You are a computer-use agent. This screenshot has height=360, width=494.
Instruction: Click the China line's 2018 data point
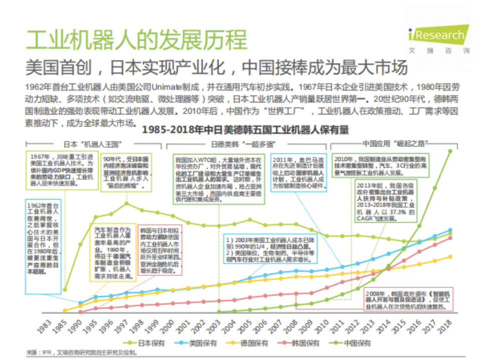click(450, 150)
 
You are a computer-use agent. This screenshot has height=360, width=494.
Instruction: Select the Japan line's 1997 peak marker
click(127, 203)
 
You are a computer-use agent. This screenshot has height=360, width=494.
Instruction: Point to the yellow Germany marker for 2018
click(450, 256)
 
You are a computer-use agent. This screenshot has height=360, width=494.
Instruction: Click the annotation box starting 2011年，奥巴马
click(299, 172)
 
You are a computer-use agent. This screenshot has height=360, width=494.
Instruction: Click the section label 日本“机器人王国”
click(96, 143)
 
